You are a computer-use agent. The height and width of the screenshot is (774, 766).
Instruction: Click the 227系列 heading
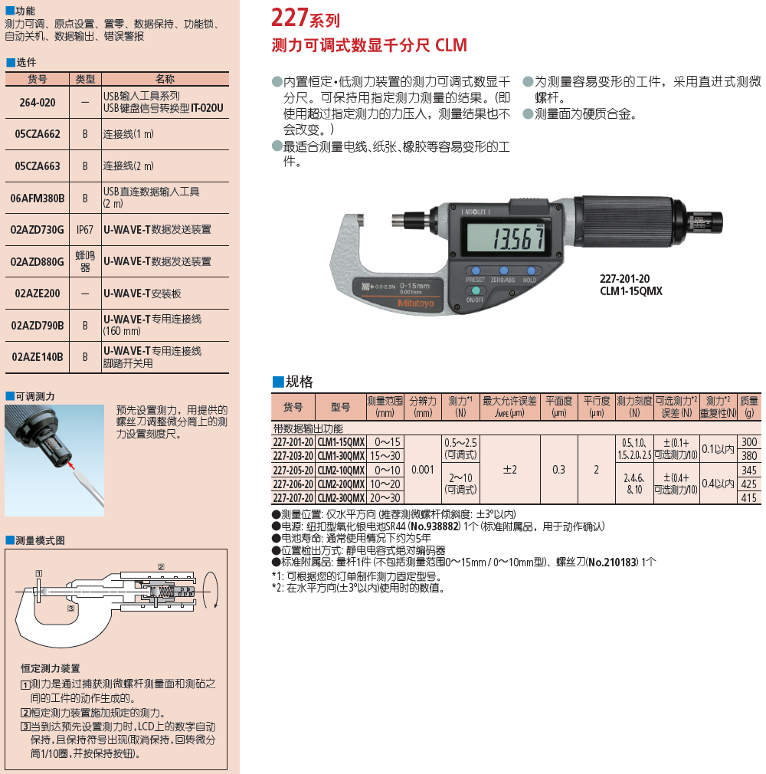306,18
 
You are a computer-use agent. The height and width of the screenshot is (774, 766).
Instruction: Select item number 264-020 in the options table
38,102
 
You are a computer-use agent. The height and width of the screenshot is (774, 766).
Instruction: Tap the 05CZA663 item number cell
38,166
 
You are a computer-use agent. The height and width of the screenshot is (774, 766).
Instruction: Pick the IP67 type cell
85,230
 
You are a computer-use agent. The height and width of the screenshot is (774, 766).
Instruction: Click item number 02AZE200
38,294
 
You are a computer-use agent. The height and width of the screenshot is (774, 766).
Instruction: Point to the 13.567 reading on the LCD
519,239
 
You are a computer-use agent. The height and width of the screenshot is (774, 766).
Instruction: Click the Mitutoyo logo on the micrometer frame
416,303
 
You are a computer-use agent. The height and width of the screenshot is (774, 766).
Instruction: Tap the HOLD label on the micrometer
529,280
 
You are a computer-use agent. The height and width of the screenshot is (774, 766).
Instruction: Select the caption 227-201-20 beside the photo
624,279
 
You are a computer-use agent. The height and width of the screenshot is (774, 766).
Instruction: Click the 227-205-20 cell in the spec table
293,470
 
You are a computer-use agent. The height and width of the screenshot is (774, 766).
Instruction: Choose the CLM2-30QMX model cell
341,498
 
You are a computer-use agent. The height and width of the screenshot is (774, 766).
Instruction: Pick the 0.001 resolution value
423,470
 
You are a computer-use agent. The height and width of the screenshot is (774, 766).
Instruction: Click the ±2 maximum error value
510,470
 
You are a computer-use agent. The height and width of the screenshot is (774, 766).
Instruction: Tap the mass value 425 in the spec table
748,484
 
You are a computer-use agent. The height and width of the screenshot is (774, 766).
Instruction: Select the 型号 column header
341,407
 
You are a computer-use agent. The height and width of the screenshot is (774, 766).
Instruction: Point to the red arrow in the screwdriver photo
72,465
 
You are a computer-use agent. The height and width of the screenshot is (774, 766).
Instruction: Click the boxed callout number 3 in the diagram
71,608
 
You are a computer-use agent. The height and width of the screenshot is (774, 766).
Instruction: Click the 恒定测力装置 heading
51,668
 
